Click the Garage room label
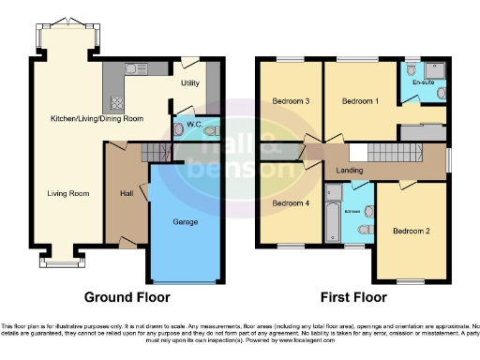pos(184,222)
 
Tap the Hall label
pos(127,193)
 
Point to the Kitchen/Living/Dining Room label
pos(97,119)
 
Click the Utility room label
pos(190,82)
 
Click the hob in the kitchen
pos(118,103)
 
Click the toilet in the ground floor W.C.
pos(210,130)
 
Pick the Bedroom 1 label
pos(359,100)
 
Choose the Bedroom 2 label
pos(411,231)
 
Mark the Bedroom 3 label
pos(291,100)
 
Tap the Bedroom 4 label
pos(291,202)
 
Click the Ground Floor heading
pos(127,298)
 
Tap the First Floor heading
pos(353,298)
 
